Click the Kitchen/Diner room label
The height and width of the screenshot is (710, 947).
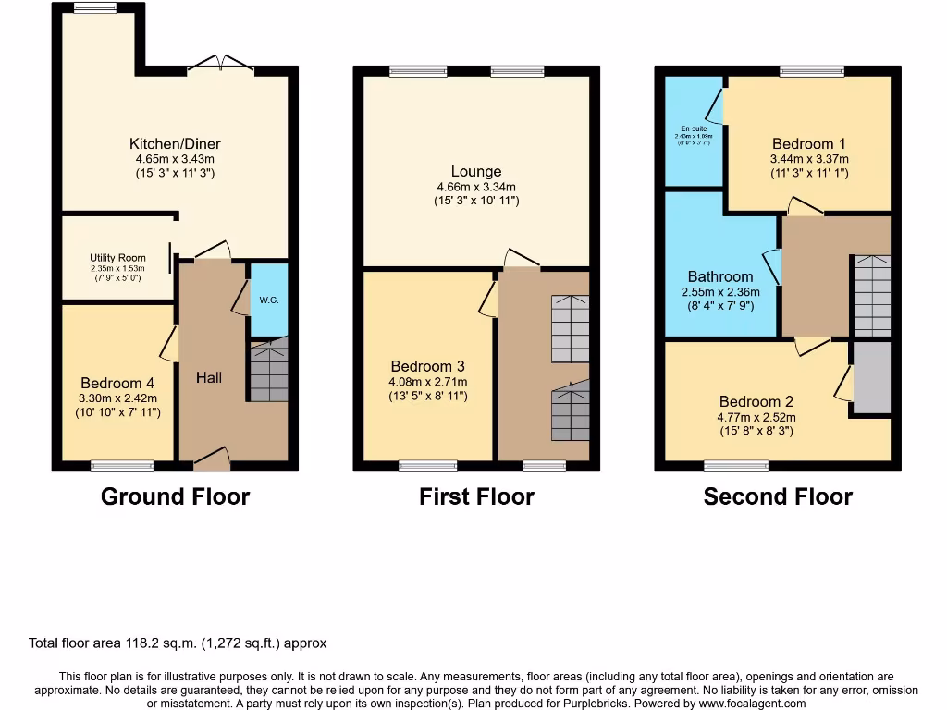pos(175,143)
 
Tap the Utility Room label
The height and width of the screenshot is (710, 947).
pos(117,258)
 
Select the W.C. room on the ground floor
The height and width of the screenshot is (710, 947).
pos(269,300)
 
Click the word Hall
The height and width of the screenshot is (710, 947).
pos(209,377)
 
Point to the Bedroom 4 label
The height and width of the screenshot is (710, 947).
pos(117,383)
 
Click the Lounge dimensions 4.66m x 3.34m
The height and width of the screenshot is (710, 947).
pos(476,187)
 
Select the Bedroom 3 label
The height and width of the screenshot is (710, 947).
pos(428,366)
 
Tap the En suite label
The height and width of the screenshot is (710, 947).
pos(693,129)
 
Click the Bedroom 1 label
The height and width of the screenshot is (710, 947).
pos(809,143)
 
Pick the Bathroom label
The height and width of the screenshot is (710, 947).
pos(720,276)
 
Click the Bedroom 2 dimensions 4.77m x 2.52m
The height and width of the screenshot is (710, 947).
pos(756,417)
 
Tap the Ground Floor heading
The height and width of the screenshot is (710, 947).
pos(175,496)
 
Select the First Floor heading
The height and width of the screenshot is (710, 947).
pos(476,496)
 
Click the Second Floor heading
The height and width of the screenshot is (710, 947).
pos(778,496)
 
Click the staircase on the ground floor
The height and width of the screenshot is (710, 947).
pos(268,370)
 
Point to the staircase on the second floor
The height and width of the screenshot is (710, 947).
pos(871,296)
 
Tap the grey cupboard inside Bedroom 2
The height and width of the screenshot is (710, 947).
pos(871,377)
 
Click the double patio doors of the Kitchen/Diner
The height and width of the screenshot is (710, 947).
pos(221,65)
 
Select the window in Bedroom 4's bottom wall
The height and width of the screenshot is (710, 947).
pos(122,466)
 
